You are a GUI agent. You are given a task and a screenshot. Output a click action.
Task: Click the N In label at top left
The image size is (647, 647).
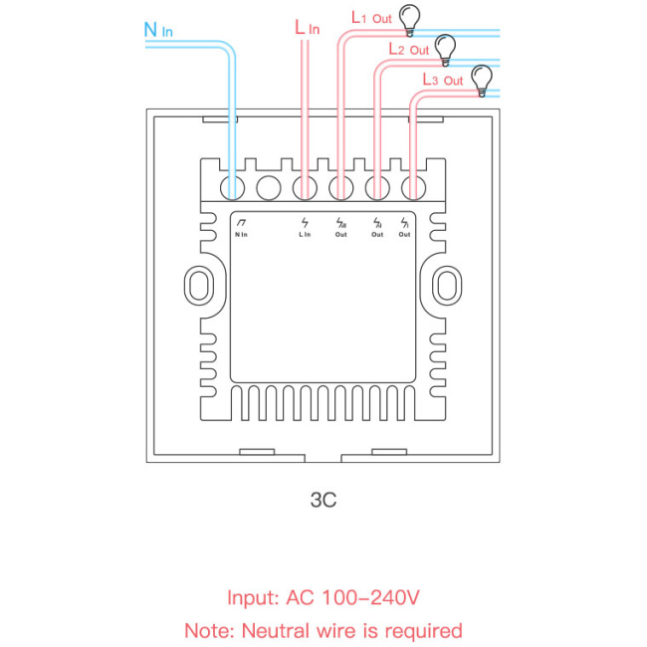pos(158,30)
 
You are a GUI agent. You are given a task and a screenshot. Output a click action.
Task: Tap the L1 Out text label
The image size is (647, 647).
pos(370,18)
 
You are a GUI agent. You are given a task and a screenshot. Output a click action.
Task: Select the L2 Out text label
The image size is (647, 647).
pos(407,48)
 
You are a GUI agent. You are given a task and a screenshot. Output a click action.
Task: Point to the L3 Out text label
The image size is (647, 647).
pos(442,80)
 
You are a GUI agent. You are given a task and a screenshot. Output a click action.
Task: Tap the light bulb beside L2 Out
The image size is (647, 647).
pos(444,46)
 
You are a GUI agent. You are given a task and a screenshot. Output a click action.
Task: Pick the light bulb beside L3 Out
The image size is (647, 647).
pos(482,79)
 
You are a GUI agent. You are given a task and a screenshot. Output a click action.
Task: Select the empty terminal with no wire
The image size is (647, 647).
pos(268,187)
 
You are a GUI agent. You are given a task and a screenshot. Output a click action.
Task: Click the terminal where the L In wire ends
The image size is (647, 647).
pos(305,187)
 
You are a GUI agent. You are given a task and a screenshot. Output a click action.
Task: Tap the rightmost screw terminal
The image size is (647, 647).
pos(410,187)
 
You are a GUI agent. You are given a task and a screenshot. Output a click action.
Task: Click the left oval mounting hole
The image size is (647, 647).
pos(198,284)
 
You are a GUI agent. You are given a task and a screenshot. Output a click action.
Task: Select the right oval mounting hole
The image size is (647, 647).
pos(446,284)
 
